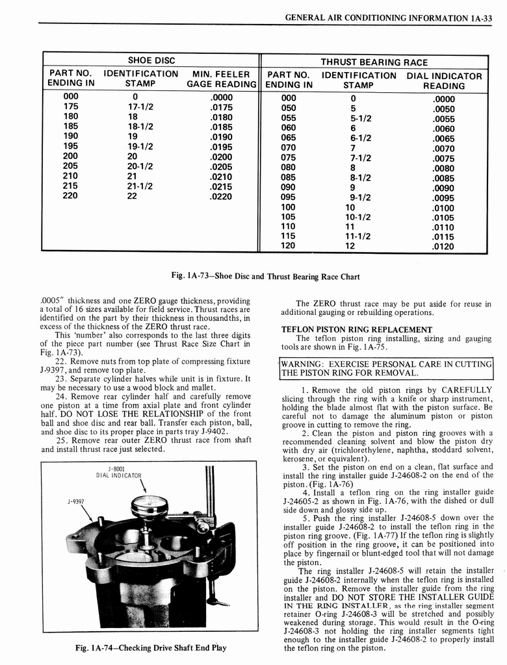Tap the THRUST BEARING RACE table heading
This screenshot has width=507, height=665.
374,62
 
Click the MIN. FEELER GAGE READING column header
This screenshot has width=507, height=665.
222,79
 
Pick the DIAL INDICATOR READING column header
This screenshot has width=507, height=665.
444,81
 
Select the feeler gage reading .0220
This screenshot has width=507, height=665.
222,196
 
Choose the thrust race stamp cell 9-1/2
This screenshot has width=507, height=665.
361,198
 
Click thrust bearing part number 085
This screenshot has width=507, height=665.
289,176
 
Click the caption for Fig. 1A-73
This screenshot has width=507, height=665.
265,276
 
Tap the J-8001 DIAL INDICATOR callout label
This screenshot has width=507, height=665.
118,472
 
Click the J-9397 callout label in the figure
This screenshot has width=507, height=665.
77,502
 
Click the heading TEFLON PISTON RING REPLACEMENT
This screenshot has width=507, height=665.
356,329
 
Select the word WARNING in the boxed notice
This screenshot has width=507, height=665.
305,364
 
